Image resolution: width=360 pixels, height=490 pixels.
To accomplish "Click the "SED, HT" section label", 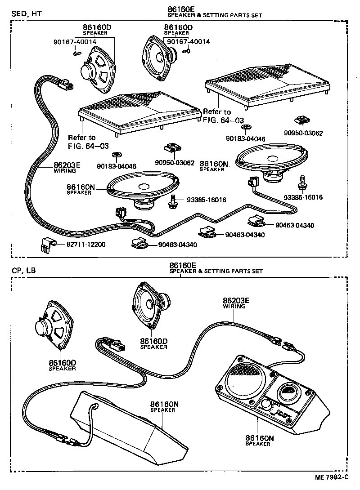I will coord(26,13).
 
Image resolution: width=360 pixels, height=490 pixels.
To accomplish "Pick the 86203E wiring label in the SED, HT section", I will coord(67,167).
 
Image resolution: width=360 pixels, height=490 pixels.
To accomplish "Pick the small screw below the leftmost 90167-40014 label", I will coord(76,53).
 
